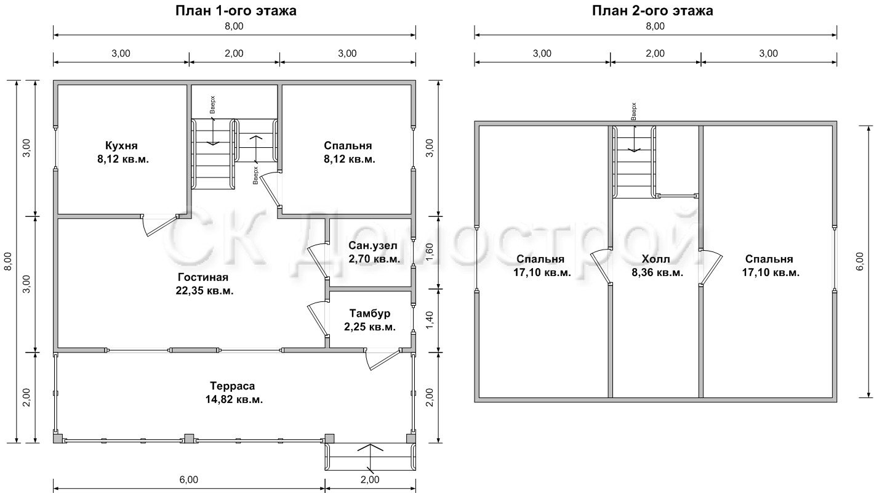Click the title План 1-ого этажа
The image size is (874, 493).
click(236, 10)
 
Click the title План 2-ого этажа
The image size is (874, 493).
click(652, 10)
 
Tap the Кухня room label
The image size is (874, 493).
click(121, 145)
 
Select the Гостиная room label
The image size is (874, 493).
click(203, 277)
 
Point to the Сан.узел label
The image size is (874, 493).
click(373, 246)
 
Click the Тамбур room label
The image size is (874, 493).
click(369, 313)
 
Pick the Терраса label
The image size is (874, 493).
click(233, 386)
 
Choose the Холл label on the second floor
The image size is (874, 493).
click(656, 259)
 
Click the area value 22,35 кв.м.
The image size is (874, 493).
click(204, 291)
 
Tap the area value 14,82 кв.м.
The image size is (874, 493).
click(234, 399)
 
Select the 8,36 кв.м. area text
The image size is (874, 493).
click(657, 272)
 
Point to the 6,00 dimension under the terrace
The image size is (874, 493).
click(189, 479)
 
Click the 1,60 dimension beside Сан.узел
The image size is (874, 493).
click(429, 253)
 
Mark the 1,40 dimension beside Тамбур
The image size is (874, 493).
click(429, 320)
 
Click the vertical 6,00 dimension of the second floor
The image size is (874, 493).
click(860, 262)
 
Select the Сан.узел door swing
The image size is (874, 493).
click(317, 261)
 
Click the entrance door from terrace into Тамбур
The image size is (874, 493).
click(382, 359)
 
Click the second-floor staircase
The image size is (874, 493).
click(634, 162)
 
